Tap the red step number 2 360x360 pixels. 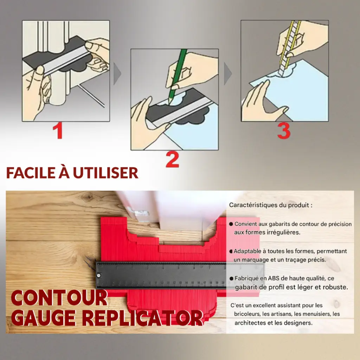tap(172, 160)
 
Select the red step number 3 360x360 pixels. tap(284, 131)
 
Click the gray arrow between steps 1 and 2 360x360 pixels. tap(117, 74)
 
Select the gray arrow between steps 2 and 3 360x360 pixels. tap(228, 74)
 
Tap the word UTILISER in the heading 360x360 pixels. tap(105, 173)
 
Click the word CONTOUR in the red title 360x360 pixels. tap(59, 298)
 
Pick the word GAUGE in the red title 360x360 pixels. tap(43, 318)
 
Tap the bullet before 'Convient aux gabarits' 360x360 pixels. tap(231, 224)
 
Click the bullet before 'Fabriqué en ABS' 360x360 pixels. tap(231, 278)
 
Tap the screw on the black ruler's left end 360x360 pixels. tap(99, 275)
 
